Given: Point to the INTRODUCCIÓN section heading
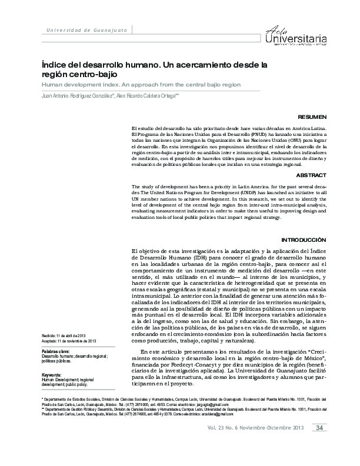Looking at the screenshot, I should [304, 240].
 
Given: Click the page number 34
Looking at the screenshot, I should [320, 444].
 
